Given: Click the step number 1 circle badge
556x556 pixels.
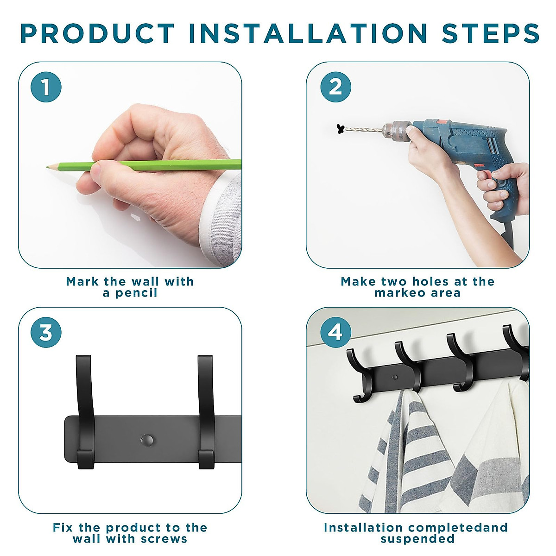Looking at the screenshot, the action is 46,87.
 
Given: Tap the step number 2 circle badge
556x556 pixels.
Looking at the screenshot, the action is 335,87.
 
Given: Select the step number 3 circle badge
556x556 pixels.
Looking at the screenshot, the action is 46,332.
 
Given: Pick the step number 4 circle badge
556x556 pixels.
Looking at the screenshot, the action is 335,332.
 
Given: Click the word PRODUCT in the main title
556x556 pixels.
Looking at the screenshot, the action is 97,33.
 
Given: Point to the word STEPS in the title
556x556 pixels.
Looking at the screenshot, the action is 490,33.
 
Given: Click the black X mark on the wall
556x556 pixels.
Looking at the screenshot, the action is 341,129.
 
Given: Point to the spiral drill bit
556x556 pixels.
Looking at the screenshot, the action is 364,130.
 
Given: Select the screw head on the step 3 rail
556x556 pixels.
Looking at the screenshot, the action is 147,440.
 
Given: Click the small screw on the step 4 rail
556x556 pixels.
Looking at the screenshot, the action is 395,377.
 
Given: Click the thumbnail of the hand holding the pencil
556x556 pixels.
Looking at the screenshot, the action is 130,165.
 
